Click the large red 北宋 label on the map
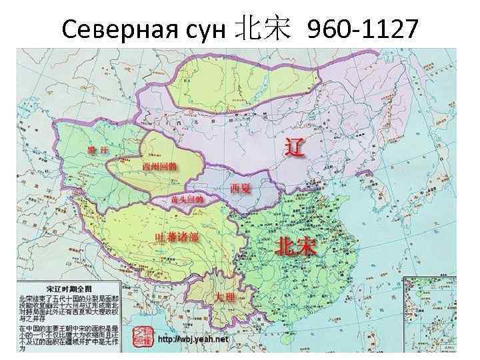(x=297, y=247)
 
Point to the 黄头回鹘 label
(x=187, y=199)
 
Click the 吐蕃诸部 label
(x=176, y=237)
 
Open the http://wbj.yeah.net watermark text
(x=193, y=339)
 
